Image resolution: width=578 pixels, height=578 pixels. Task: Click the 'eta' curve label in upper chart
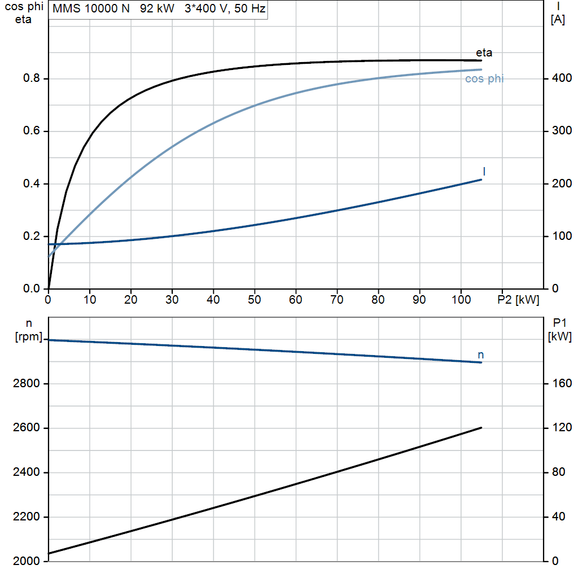[484, 52]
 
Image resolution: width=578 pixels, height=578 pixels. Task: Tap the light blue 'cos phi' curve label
[484, 79]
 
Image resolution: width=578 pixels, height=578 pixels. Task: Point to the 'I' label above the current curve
[484, 172]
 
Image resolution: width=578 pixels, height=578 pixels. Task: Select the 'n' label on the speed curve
[481, 355]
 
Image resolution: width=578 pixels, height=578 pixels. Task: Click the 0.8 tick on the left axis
[32, 78]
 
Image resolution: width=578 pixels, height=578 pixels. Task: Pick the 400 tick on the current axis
[562, 78]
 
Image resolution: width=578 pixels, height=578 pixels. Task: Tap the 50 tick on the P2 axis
[255, 300]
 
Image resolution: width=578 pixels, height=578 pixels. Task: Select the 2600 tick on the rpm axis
[26, 428]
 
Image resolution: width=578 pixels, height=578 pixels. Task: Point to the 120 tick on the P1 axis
[562, 428]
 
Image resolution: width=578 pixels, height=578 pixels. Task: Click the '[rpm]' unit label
[29, 337]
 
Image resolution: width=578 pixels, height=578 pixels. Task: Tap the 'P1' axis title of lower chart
[559, 323]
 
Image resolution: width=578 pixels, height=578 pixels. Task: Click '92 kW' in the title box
[157, 8]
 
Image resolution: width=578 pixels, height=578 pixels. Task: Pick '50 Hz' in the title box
[249, 8]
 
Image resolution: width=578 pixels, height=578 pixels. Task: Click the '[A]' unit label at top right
[558, 20]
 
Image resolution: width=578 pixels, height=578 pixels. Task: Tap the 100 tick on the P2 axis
[461, 300]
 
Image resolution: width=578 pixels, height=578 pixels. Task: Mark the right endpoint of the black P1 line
[481, 428]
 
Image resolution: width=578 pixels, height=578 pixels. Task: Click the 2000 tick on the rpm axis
[26, 561]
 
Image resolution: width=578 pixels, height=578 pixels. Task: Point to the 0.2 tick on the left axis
[32, 236]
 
